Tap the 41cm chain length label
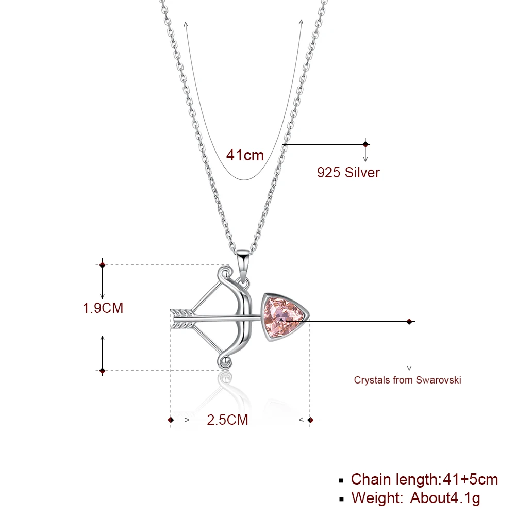tap(245, 155)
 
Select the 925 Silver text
tap(348, 172)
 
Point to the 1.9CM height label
tap(103, 308)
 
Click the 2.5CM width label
tap(227, 420)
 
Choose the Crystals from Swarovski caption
tap(407, 380)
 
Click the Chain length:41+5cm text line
tap(424, 479)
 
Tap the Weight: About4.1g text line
tap(415, 498)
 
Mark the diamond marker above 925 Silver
tap(365, 144)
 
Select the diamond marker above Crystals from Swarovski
tap(409, 321)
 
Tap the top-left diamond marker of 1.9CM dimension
tap(102, 265)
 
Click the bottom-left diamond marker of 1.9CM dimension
tap(102, 370)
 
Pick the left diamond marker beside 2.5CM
tap(171, 420)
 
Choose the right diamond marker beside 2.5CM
tap(310, 420)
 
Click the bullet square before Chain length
tap(341, 480)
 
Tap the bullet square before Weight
tap(341, 499)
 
